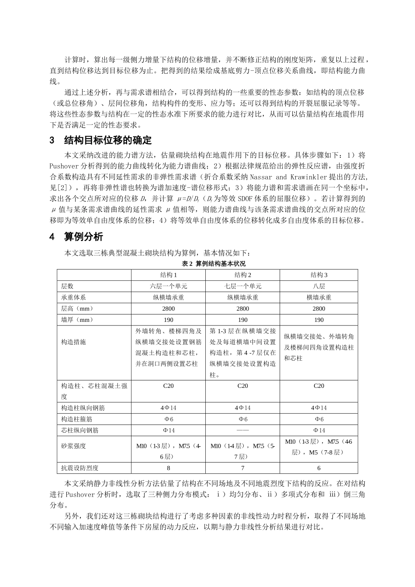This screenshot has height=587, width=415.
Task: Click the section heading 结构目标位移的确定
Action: [x=107, y=140]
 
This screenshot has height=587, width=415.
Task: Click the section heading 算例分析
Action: [x=83, y=237]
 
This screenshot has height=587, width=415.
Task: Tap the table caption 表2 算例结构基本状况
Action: [x=214, y=264]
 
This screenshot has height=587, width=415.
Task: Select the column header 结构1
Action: [x=168, y=275]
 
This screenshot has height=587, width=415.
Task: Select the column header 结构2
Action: [x=242, y=275]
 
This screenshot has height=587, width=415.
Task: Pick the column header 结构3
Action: [x=319, y=275]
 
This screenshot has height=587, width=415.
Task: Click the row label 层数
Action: [x=67, y=286]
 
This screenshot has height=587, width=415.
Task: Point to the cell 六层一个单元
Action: [x=168, y=286]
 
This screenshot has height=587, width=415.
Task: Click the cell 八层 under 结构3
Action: [x=319, y=286]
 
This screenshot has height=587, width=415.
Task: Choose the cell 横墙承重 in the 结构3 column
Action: [x=319, y=297]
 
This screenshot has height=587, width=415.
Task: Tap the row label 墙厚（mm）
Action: [x=77, y=320]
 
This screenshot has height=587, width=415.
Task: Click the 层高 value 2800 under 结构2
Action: [x=242, y=308]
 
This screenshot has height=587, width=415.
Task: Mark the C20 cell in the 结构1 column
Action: [x=168, y=386]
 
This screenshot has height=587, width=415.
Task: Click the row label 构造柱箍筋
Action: [x=77, y=419]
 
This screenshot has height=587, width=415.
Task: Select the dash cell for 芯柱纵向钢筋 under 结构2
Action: [x=242, y=430]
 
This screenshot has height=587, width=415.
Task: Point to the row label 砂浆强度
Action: [x=73, y=446]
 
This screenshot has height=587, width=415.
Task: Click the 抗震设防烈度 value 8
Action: [x=168, y=468]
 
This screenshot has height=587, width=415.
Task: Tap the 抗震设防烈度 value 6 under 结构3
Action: [x=319, y=468]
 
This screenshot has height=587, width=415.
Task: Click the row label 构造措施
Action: [x=73, y=342]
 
